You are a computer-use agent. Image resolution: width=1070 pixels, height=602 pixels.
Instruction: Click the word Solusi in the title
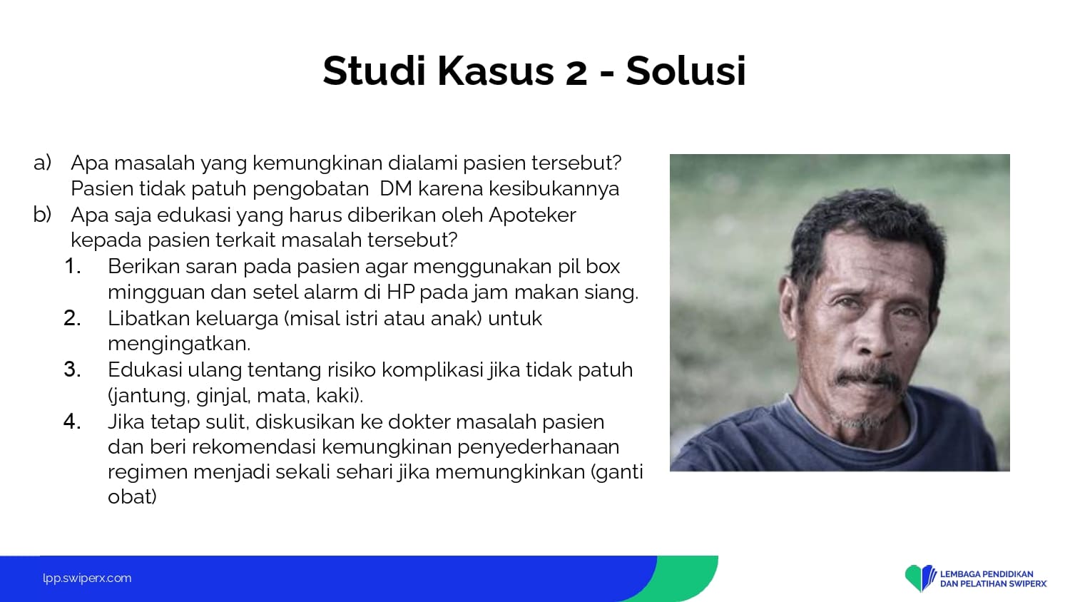point(686,71)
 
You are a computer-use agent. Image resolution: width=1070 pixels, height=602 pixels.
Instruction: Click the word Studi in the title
point(374,71)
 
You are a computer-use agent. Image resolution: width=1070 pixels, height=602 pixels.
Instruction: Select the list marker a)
point(42,163)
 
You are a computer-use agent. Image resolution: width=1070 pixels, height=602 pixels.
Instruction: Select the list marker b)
point(42,214)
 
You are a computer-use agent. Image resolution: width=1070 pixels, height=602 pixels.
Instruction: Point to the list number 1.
point(72,266)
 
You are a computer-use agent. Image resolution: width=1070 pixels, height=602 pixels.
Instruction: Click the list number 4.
point(72,422)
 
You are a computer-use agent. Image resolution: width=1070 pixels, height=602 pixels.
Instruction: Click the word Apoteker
point(532,215)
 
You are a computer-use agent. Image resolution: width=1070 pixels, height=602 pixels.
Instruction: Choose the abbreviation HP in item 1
point(400,292)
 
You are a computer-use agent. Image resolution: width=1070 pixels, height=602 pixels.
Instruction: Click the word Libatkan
point(148,318)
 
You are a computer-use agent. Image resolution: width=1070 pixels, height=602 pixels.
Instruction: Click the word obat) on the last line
point(132,497)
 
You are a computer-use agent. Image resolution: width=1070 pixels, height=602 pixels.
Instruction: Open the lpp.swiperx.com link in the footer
point(87,578)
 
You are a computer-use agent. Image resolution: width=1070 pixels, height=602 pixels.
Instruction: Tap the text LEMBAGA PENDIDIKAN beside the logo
point(987,573)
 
